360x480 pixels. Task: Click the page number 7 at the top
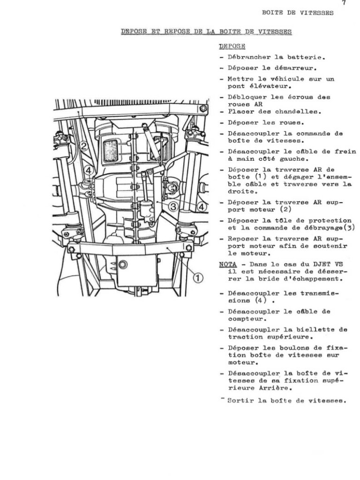[344, 3]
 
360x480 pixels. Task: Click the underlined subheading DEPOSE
[232, 46]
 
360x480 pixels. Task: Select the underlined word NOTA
[227, 264]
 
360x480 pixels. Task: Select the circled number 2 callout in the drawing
[84, 146]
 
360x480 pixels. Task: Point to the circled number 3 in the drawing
[173, 206]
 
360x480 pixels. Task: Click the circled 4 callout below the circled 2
[89, 170]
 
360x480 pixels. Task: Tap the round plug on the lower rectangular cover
[123, 265]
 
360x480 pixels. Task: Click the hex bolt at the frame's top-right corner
[202, 109]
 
